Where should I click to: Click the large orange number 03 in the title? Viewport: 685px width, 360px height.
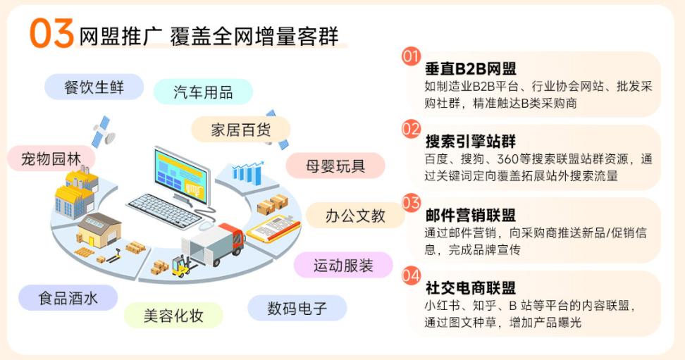point(51,33)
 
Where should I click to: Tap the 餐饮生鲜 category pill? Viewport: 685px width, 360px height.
point(94,87)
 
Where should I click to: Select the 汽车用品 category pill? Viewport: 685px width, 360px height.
point(203,92)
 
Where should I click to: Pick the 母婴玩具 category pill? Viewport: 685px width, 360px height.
point(335,166)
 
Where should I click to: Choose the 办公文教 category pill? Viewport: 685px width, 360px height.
point(355,216)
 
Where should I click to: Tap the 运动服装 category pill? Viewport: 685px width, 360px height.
point(343,265)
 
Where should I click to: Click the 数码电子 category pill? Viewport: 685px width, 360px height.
point(297,308)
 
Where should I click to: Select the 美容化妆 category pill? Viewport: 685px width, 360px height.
point(173,315)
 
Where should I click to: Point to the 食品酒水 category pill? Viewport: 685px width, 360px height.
point(68,297)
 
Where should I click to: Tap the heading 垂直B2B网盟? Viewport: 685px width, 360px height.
point(470,69)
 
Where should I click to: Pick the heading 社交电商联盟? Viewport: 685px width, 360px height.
point(470,287)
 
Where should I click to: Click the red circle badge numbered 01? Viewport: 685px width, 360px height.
point(411,56)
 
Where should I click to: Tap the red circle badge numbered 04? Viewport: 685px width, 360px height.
point(411,275)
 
